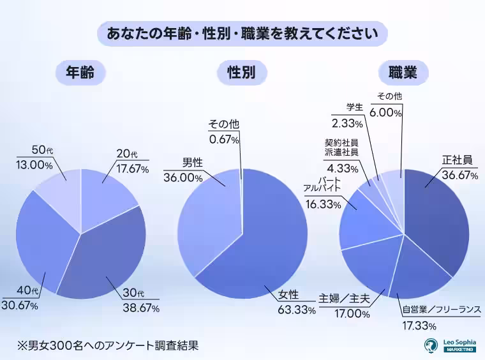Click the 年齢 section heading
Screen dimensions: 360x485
pyautogui.click(x=80, y=73)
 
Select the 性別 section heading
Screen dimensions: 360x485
pyautogui.click(x=241, y=73)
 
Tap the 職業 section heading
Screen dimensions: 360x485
pyautogui.click(x=403, y=73)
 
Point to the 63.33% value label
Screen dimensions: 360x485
pyautogui.click(x=296, y=310)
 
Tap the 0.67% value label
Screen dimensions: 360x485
pyautogui.click(x=223, y=139)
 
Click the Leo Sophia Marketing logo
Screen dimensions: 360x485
pyautogui.click(x=450, y=345)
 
